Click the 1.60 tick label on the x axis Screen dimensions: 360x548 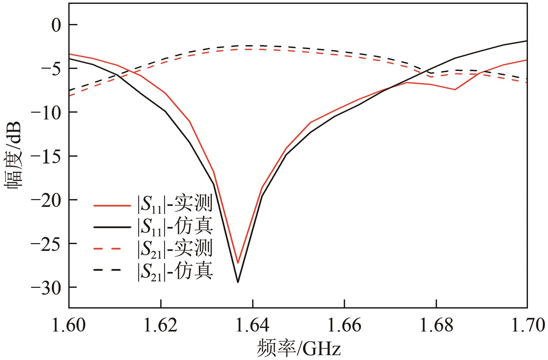point(69,325)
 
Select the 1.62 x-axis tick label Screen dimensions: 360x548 point(161,325)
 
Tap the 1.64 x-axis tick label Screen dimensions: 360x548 point(252,325)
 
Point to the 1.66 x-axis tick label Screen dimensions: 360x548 point(344,325)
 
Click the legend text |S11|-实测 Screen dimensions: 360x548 point(175,205)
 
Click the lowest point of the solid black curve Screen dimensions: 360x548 point(238,282)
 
